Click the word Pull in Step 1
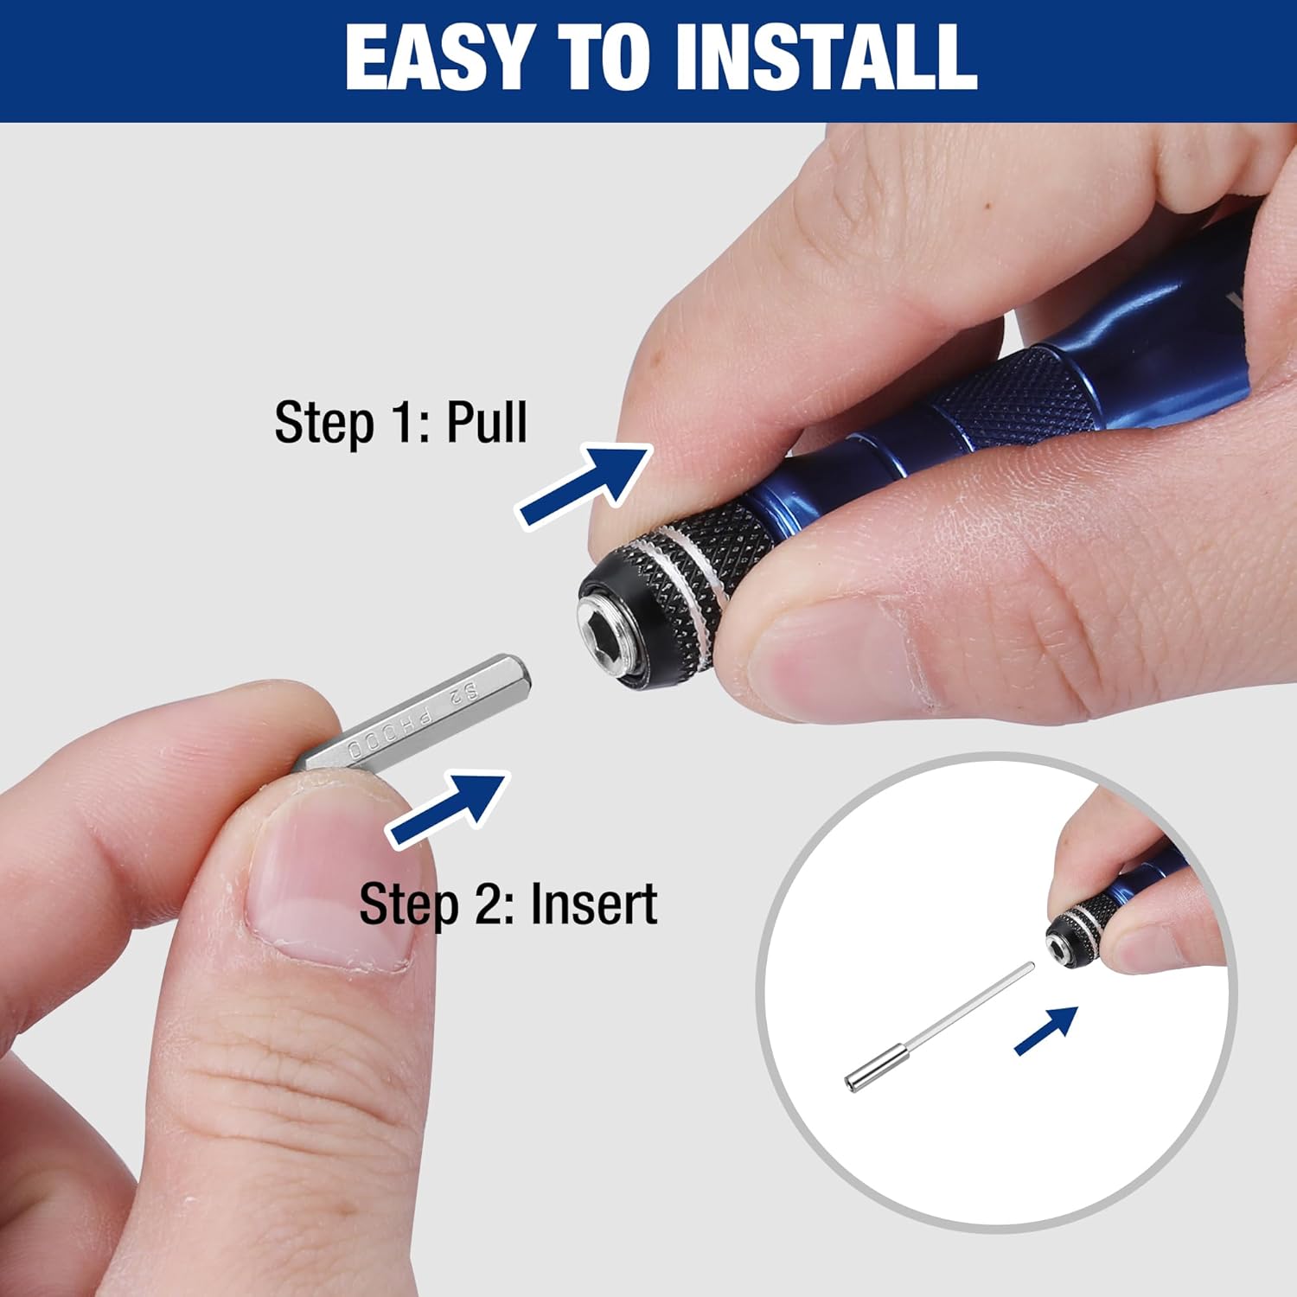coord(486,422)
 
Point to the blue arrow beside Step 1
coord(585,483)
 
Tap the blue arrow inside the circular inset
coord(1047,1030)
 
